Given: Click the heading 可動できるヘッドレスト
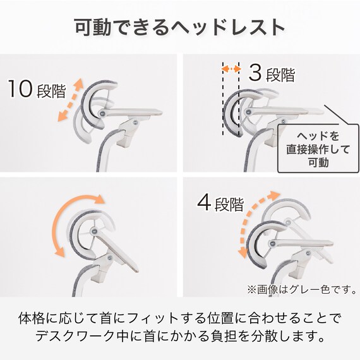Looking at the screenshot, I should click(x=180, y=28).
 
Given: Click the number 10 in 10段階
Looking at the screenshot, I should click(x=21, y=89).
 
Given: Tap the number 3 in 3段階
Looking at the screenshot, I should click(x=255, y=73).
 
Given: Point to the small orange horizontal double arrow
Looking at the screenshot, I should click(x=231, y=68).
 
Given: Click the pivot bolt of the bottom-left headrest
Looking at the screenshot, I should click(x=93, y=233).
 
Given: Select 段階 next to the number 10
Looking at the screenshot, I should click(x=51, y=91).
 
